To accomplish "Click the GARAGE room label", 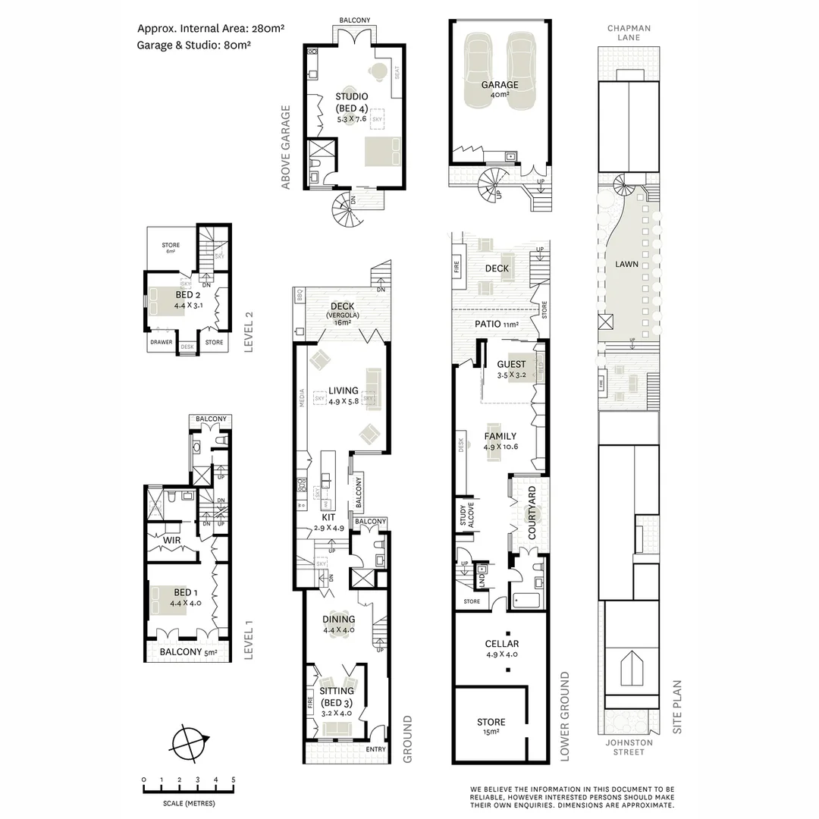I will pos(500,85).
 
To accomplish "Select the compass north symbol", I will pos(188,742).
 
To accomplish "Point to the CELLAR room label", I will pos(501,644).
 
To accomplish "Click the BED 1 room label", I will pos(184,592).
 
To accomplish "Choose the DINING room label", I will pos(338,619).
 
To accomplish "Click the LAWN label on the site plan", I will pos(627,265).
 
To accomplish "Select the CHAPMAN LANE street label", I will pos(629,33).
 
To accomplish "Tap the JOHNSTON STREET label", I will pos(629,747).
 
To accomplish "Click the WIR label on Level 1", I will pos(171,540).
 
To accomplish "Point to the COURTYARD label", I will pos(532,513).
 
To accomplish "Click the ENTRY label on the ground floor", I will pos(375,749).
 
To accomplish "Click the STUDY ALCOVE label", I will pos(461,515).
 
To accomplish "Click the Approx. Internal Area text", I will pos(210,29).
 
